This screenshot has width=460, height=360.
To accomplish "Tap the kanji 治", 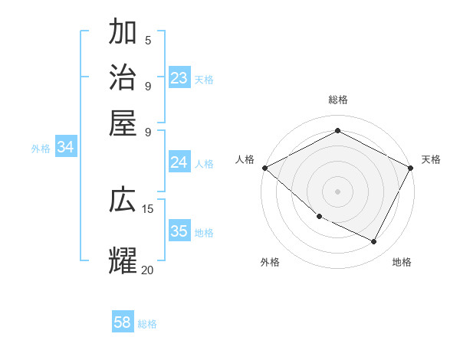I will tap(123, 77).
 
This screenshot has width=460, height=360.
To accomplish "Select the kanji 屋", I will tap(123, 122).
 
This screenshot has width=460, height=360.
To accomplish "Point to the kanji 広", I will tap(123, 200).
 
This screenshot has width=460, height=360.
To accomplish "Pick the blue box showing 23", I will tap(179, 78).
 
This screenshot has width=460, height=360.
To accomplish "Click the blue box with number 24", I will tap(179, 162).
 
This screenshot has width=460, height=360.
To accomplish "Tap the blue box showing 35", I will tap(179, 231).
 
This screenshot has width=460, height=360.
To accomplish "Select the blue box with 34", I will tap(65, 148).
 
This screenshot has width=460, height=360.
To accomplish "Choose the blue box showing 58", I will tap(123, 322).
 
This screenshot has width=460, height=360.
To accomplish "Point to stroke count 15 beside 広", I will tap(148, 208).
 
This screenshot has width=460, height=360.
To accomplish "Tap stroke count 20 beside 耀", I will tap(148, 270).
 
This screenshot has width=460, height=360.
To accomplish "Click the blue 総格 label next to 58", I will tap(147, 324).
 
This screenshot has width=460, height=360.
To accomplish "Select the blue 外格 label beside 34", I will tap(41, 149).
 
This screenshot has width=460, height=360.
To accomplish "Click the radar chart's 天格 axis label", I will tap(431, 159).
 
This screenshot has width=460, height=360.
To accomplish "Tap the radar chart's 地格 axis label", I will tap(402, 262).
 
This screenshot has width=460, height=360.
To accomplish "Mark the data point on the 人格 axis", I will tap(264, 168).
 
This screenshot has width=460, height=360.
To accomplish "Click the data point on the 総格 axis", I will tap(337, 130).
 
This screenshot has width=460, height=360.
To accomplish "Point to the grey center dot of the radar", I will tap(337, 191).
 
